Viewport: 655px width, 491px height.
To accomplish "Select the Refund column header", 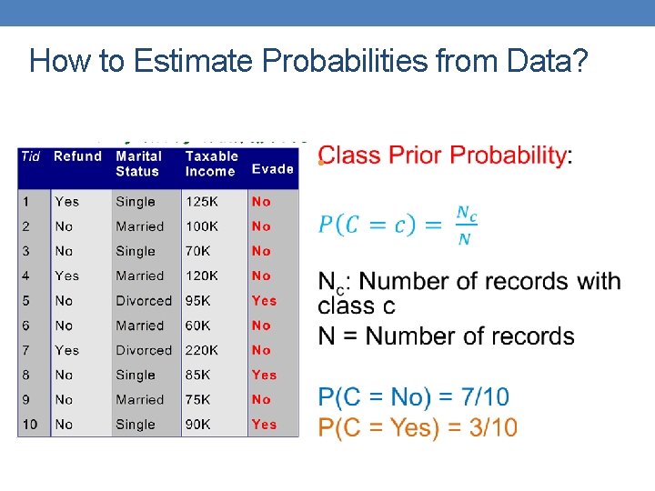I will (77, 156).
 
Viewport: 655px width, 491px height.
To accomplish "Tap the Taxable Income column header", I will (211, 164).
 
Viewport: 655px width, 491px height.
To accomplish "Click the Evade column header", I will (272, 168).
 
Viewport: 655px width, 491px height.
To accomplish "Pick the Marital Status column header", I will (138, 164).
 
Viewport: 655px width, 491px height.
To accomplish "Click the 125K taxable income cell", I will (202, 202).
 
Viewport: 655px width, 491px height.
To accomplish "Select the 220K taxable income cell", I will (202, 350).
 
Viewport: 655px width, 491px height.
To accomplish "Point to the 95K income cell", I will (198, 300).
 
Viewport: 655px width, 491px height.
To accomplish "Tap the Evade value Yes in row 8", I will (264, 375).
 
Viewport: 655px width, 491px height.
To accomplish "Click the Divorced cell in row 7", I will (143, 350).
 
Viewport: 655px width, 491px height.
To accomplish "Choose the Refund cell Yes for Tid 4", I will (66, 276).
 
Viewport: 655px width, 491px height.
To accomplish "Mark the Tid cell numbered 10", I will (29, 424).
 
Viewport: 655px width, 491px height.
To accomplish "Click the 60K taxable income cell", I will (198, 326).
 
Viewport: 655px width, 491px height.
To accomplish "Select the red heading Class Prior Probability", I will (443, 155).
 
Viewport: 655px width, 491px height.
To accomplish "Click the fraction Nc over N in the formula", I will (465, 225).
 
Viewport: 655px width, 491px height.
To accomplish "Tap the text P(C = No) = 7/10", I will (413, 396).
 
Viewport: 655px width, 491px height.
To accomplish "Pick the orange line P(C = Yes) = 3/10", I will (418, 426).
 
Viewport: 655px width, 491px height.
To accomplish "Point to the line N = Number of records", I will (446, 336).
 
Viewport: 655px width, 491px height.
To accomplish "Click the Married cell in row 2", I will (139, 226).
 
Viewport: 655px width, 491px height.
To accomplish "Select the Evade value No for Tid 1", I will (261, 202).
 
